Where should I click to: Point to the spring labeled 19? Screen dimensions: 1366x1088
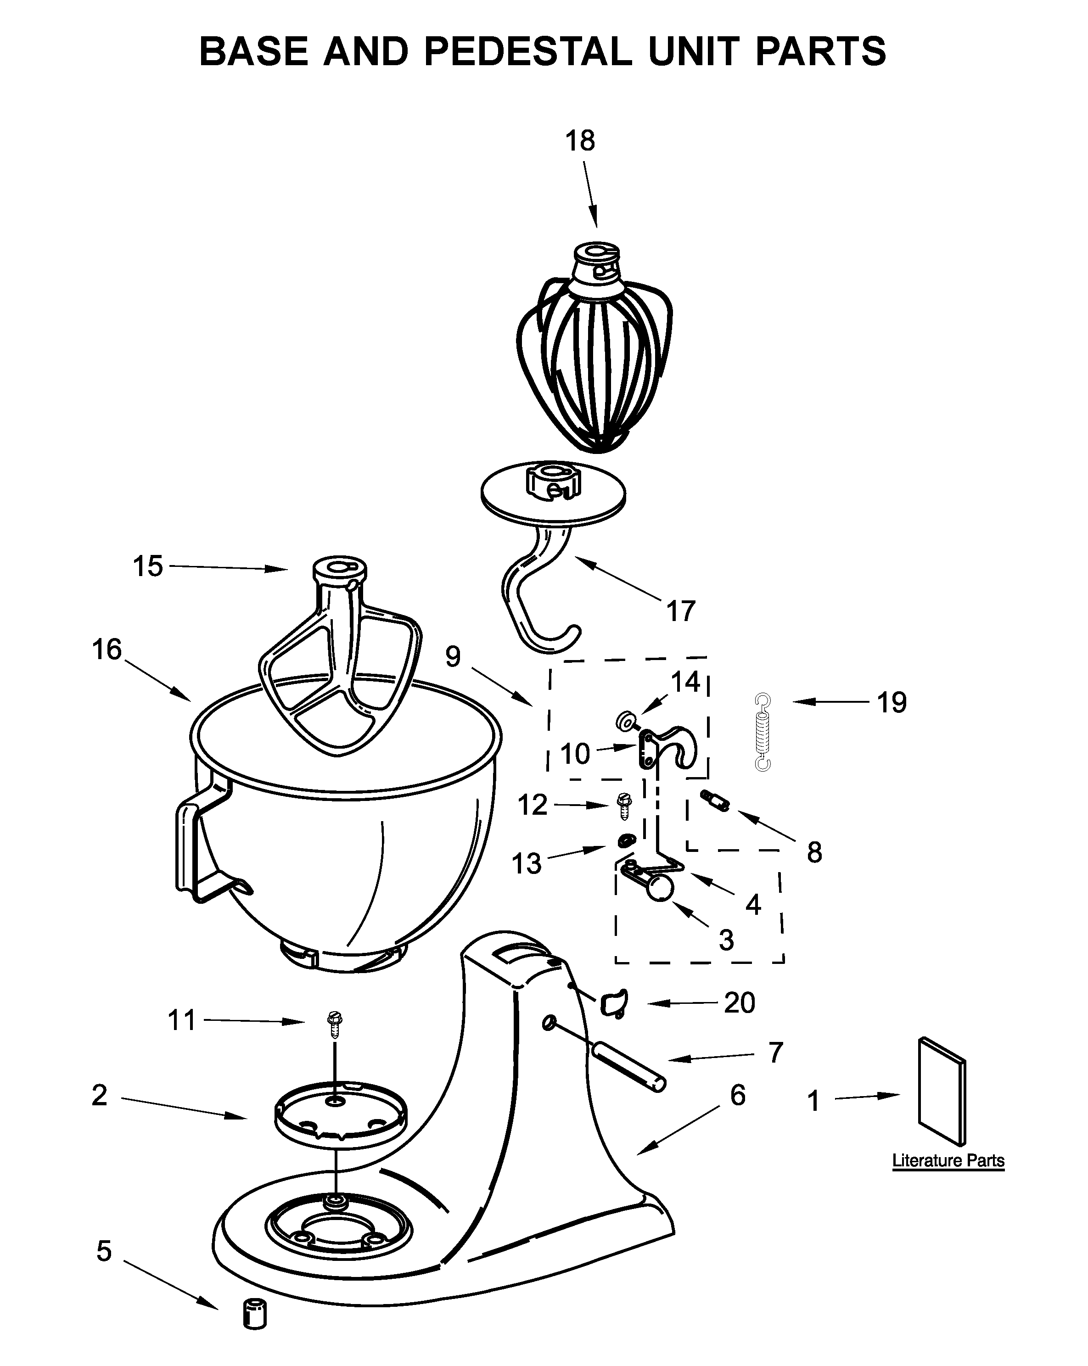[x=763, y=732]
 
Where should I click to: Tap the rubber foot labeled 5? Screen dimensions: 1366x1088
[x=255, y=1313]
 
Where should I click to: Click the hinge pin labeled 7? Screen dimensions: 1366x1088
[x=628, y=1068]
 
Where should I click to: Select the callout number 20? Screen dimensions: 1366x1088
[x=740, y=1002]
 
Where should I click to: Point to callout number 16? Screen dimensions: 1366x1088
[x=107, y=649]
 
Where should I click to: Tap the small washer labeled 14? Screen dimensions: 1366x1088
[x=626, y=720]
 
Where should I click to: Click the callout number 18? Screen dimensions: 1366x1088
[x=580, y=140]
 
